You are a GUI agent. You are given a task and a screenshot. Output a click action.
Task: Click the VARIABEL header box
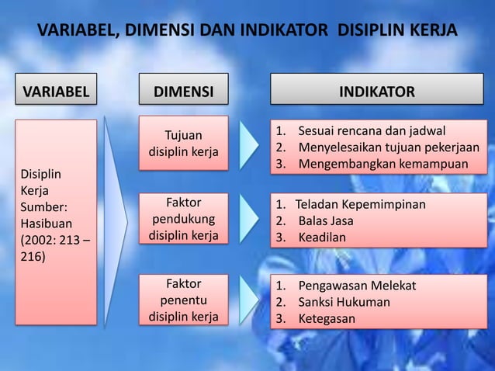tap(55, 91)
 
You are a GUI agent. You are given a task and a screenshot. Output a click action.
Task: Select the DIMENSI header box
tap(183, 91)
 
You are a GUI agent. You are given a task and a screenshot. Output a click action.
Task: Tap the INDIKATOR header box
tap(377, 91)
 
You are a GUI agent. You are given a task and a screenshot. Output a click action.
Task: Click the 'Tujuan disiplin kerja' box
tap(183, 144)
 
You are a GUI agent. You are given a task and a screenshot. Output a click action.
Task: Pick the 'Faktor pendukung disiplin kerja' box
tap(183, 220)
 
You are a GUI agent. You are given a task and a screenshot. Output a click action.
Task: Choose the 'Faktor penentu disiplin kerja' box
tap(183, 299)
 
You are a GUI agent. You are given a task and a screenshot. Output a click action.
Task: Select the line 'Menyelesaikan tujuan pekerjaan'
tap(389, 147)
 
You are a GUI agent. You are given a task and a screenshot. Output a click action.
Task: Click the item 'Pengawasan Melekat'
tap(357, 285)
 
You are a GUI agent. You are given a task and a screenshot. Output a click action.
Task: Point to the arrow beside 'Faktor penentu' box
tap(249, 300)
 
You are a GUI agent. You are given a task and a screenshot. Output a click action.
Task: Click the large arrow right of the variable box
tap(116, 221)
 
